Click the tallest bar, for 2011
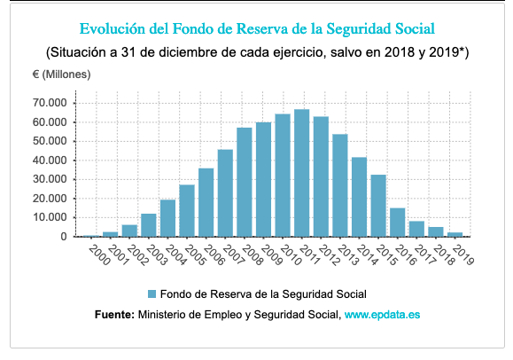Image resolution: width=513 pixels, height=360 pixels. pyautogui.click(x=301, y=173)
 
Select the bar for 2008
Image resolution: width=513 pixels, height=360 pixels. pyautogui.click(x=244, y=183)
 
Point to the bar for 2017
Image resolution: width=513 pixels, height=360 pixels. pyautogui.click(x=416, y=229)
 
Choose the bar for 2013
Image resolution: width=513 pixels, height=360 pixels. pyautogui.click(x=339, y=185)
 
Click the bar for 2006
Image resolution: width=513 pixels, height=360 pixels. pyautogui.click(x=206, y=202)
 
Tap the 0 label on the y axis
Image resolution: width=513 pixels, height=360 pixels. pyautogui.click(x=64, y=237)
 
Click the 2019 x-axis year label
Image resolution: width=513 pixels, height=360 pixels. pyautogui.click(x=462, y=254)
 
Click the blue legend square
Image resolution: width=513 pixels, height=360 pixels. pyautogui.click(x=152, y=293)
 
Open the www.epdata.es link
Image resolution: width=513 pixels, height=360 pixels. pyautogui.click(x=382, y=314)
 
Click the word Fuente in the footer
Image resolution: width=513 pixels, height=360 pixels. pyautogui.click(x=113, y=314)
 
